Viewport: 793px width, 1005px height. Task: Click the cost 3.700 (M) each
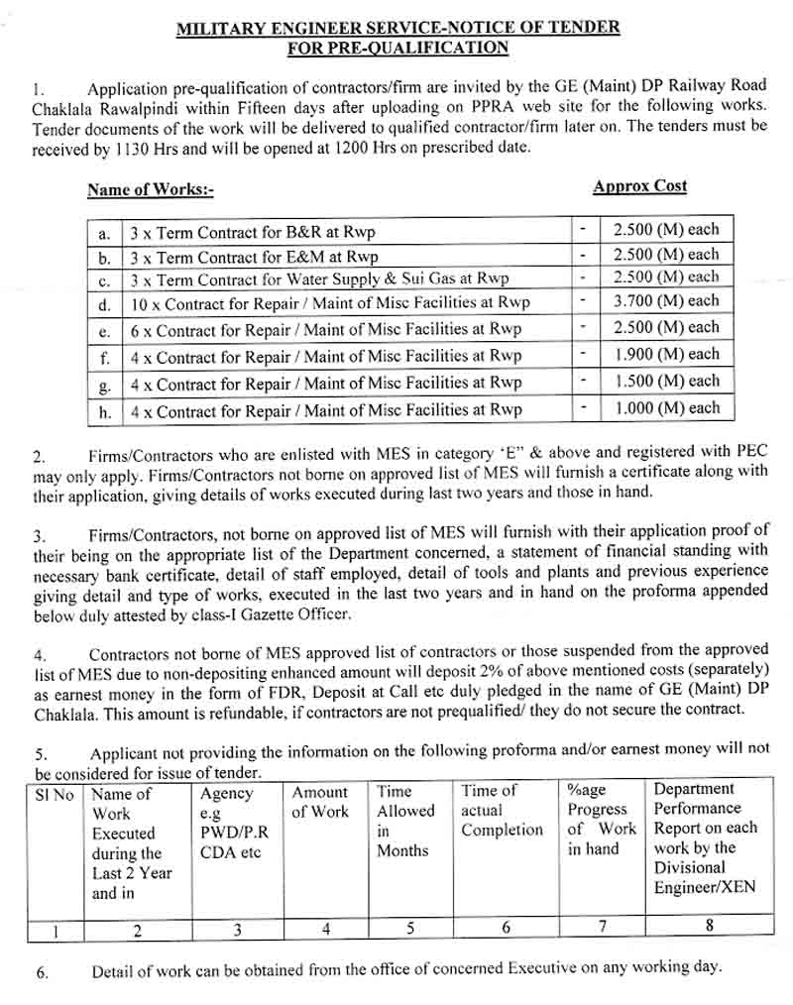[665, 301]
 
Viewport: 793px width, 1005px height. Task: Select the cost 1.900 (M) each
[665, 354]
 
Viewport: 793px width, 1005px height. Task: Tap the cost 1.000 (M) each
[665, 407]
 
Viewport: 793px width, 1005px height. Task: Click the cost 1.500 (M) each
[665, 381]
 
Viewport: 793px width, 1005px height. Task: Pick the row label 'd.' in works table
[104, 303]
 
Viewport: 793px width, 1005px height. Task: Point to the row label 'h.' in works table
[104, 410]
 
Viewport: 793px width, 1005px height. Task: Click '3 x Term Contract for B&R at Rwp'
[252, 234]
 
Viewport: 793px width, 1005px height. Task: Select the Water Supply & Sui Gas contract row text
[318, 279]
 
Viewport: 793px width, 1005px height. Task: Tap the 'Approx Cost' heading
[639, 186]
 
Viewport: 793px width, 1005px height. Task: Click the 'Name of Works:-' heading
[150, 189]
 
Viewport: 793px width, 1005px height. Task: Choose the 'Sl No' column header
[55, 795]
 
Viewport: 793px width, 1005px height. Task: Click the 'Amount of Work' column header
[319, 802]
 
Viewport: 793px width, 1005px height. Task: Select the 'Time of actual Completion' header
[502, 810]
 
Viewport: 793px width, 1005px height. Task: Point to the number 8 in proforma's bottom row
[708, 926]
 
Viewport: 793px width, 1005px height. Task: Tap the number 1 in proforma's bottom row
[56, 930]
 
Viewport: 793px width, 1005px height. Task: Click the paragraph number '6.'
[42, 972]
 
